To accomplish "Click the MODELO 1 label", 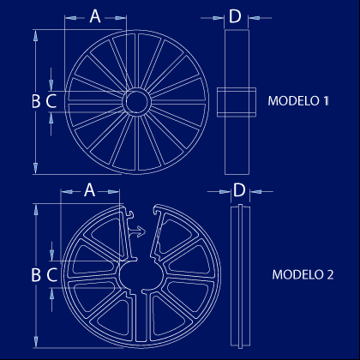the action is coord(298,101).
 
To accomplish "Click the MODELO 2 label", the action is coord(303,274).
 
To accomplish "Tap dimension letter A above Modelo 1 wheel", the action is coord(95,16).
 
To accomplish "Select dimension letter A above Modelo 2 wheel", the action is coord(89,190).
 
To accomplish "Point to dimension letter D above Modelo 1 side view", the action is coord(235,16).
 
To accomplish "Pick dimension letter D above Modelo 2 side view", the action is coord(239,190).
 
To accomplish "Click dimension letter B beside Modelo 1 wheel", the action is coord(36,101).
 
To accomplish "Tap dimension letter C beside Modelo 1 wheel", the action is coord(51,101).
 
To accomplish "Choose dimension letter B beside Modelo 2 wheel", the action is coord(36,274).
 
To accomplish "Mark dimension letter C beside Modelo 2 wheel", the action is coord(51,274).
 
